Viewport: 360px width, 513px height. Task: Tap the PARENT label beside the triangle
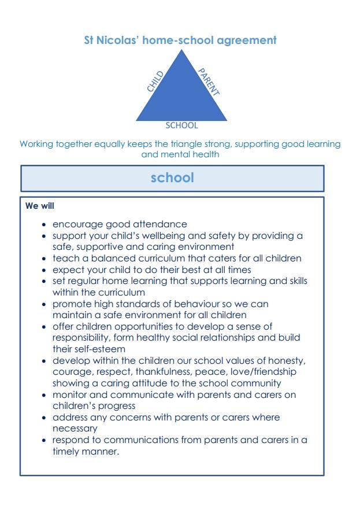[209, 81]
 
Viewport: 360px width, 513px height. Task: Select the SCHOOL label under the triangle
[181, 126]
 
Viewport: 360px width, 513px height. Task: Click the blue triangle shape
[181, 95]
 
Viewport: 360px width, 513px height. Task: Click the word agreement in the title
[246, 40]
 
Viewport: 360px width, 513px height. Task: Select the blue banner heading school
[172, 178]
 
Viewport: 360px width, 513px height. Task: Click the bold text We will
[40, 205]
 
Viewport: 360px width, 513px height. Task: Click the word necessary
[75, 429]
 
